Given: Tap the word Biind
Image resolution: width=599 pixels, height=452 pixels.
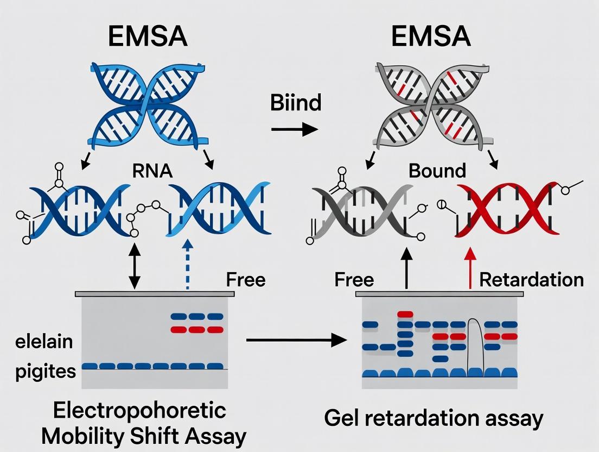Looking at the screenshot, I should point(296,103).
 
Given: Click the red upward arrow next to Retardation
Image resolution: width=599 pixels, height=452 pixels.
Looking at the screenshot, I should point(470,266).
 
